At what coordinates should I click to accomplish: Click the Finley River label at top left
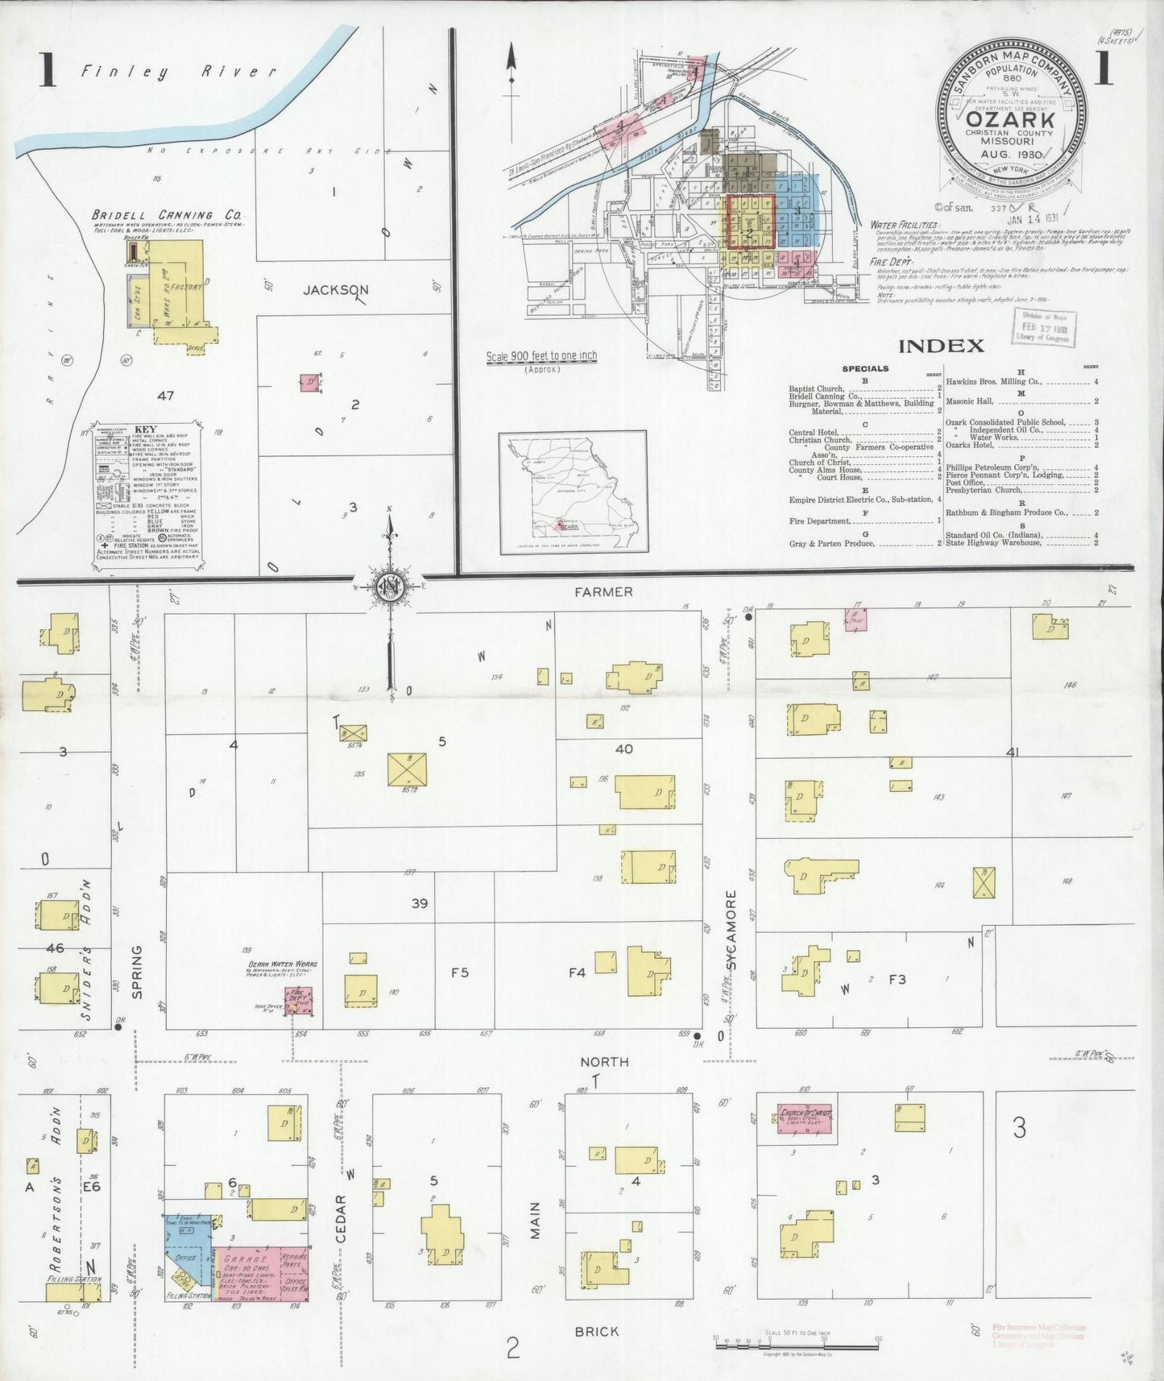click(x=178, y=73)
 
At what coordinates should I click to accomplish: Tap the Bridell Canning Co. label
click(x=167, y=215)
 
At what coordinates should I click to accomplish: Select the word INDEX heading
click(x=941, y=346)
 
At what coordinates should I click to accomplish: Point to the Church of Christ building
click(x=805, y=1119)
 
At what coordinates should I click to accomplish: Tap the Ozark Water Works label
click(x=281, y=964)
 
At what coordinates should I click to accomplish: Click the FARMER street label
click(x=603, y=592)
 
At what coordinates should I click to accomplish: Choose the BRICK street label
click(x=597, y=1331)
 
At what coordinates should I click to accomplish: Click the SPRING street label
click(x=136, y=972)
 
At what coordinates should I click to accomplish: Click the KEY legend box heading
click(x=146, y=430)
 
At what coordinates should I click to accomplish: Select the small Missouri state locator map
click(x=573, y=492)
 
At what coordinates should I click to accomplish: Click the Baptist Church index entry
click(x=816, y=389)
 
